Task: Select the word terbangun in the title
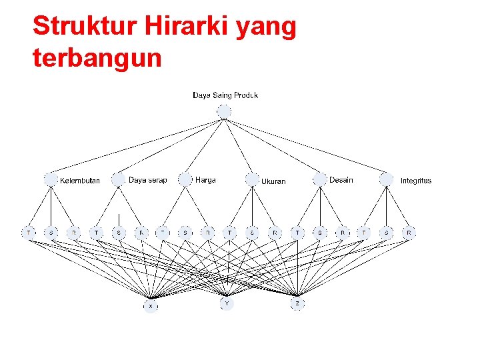coord(97,58)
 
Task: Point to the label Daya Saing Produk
coord(225,95)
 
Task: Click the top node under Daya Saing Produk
coord(224,111)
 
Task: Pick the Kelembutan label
coord(80,181)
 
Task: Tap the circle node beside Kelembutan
coord(51,179)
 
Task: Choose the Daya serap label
coord(147,180)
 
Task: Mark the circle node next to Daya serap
coord(119,179)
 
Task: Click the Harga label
coord(205,180)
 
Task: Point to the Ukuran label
coord(273,181)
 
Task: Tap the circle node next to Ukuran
coord(252,179)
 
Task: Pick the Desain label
coord(341,180)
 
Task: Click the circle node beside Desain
coord(320,179)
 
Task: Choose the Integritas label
coord(416,181)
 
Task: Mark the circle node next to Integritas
coord(387,179)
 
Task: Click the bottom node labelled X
coord(151,305)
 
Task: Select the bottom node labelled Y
coord(227,304)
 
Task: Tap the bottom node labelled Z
coord(297,304)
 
